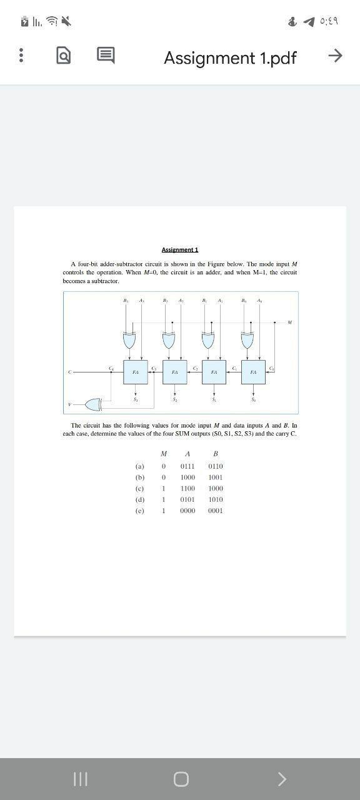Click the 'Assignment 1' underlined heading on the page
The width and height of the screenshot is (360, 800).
coord(180,250)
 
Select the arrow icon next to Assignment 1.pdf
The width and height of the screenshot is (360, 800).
coord(335,56)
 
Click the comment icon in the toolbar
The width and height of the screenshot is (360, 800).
coord(105,56)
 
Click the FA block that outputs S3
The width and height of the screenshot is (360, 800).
coord(136,371)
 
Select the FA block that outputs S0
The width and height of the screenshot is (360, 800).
coord(253,371)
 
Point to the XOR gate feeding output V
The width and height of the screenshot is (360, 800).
coord(94,404)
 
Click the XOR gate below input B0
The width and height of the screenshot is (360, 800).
coord(247,341)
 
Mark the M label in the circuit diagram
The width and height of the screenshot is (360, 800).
coord(289,322)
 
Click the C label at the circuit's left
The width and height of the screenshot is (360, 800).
coord(71,372)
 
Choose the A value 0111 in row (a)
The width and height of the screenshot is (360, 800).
coord(187,466)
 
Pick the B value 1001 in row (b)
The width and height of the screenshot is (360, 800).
coord(216,477)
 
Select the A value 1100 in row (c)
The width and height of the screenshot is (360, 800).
coord(187,489)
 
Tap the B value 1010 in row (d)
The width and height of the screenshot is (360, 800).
coord(216,500)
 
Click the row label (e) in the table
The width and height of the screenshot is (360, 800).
coord(139,511)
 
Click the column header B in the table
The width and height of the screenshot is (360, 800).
coord(216,454)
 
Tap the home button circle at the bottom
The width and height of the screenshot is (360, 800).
coord(181,779)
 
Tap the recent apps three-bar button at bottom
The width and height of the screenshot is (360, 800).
coord(79,779)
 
